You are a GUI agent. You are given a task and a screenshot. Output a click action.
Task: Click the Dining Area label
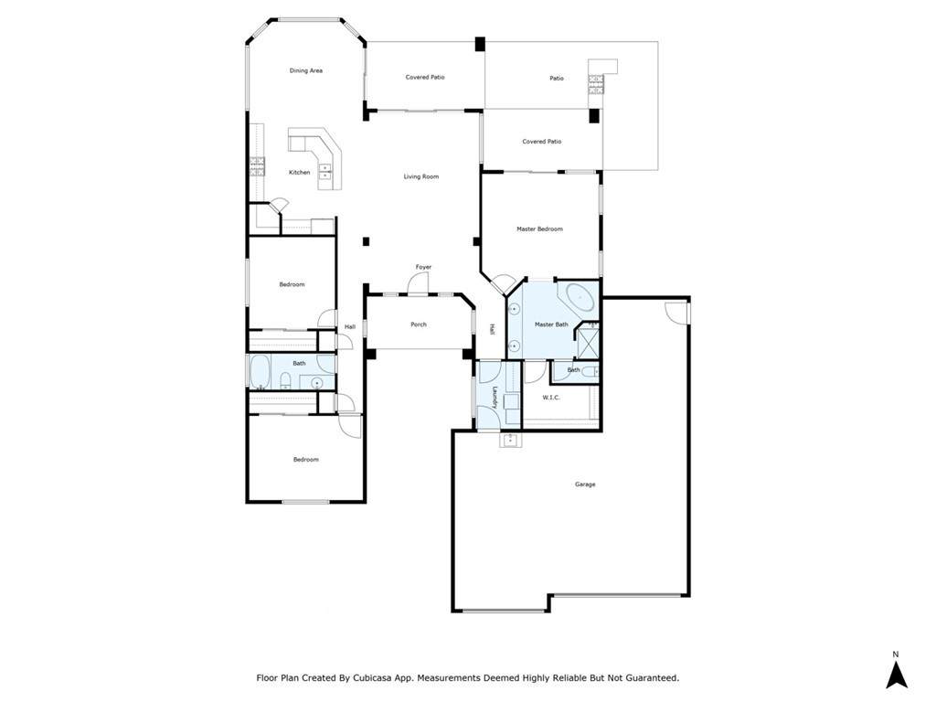[306, 70]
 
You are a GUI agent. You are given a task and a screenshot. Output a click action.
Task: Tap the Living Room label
[420, 176]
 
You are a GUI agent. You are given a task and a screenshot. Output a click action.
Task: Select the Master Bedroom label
[539, 229]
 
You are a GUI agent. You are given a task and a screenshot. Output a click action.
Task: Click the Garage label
[585, 484]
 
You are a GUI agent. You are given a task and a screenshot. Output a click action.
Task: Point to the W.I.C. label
[551, 398]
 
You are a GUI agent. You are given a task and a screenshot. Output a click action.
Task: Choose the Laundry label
[495, 399]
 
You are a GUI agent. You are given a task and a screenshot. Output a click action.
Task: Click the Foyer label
[424, 267]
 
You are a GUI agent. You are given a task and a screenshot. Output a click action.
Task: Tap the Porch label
[419, 324]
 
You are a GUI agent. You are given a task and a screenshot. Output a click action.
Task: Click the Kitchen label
[300, 173]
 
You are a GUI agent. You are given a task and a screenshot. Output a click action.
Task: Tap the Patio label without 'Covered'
[557, 79]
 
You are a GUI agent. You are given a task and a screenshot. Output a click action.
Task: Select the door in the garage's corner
[676, 313]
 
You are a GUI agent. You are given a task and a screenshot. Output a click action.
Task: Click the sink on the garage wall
[510, 440]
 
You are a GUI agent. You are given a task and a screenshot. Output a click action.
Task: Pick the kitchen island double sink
[325, 171]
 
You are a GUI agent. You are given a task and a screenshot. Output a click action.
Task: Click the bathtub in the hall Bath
[260, 372]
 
